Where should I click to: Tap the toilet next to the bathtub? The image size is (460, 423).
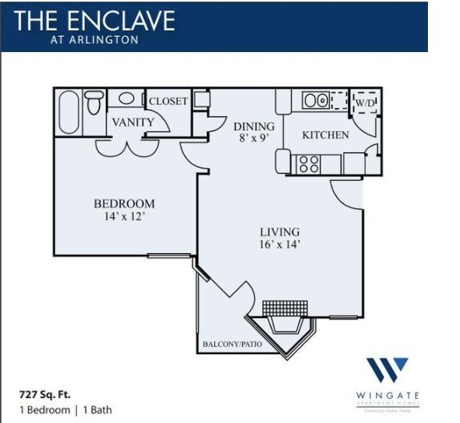click(x=94, y=103)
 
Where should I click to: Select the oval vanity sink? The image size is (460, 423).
click(x=127, y=99)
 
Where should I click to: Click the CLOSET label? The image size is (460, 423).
click(x=168, y=101)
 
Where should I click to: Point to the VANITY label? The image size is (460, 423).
click(x=133, y=122)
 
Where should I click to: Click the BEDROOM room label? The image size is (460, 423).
click(x=124, y=203)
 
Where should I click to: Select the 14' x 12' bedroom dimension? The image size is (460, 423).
click(x=124, y=216)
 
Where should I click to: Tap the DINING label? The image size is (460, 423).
click(x=253, y=126)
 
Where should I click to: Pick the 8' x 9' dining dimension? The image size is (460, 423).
click(x=253, y=139)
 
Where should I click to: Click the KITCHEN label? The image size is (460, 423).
click(x=325, y=135)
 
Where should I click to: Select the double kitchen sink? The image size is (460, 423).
click(x=315, y=101)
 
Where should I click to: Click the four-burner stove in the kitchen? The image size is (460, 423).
click(x=309, y=163)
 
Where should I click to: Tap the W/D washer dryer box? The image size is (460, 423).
click(x=365, y=103)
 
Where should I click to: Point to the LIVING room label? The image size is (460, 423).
click(x=279, y=232)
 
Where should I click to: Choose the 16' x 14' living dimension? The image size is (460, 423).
click(x=279, y=244)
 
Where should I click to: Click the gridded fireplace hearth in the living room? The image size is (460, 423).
click(x=284, y=308)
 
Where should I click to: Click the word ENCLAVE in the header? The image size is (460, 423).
click(x=124, y=20)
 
